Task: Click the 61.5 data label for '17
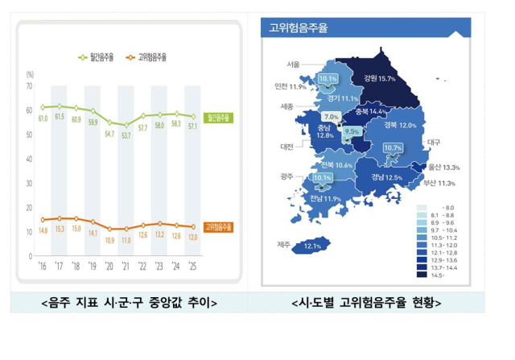click(60, 118)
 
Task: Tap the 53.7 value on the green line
click(126, 135)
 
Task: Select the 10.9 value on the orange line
click(110, 240)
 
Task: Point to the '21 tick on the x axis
click(126, 265)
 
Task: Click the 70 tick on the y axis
click(29, 85)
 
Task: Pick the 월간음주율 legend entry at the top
click(101, 57)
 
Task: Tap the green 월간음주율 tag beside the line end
click(218, 118)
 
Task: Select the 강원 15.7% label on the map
click(380, 79)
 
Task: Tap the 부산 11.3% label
click(439, 183)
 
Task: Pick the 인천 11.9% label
click(290, 86)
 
